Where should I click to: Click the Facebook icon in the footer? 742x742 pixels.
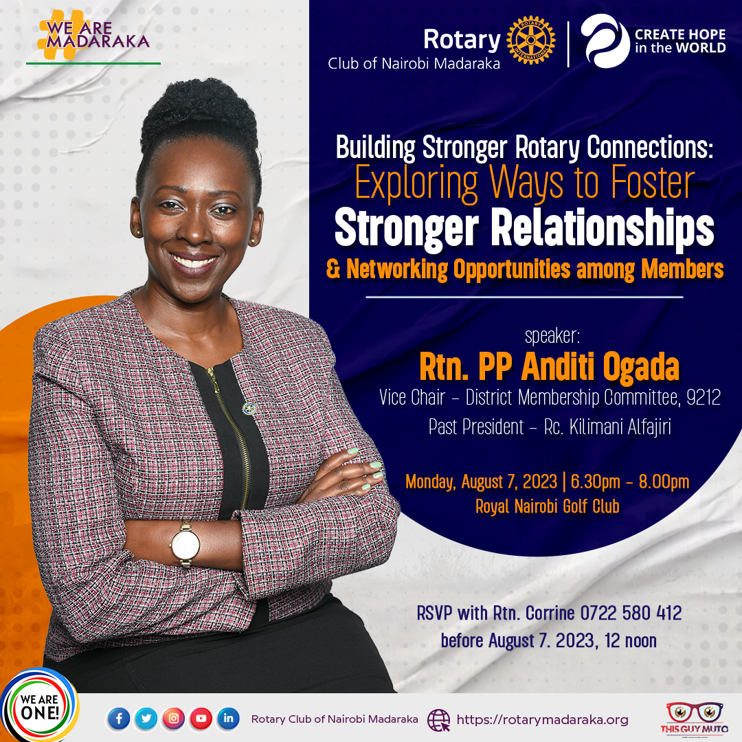tap(119, 719)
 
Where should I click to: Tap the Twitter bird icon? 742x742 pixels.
tap(146, 719)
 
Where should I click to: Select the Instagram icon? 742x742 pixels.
tap(174, 719)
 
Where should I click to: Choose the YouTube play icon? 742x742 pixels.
tap(201, 719)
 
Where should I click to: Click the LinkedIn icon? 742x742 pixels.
tap(228, 719)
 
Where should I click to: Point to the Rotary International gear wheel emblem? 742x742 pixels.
tap(531, 40)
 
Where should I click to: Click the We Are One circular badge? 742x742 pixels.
tap(40, 705)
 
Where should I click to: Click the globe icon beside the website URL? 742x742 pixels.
tap(438, 720)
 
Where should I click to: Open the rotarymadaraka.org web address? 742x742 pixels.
tap(542, 720)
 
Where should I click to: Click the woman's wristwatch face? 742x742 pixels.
tap(186, 545)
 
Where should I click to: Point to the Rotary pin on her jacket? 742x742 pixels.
tap(249, 408)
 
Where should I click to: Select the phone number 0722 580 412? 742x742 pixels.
tap(631, 614)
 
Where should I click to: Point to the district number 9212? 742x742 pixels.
tap(704, 398)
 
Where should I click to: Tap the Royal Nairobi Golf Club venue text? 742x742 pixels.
tap(548, 506)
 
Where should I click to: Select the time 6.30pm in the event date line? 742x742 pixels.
tap(595, 482)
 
